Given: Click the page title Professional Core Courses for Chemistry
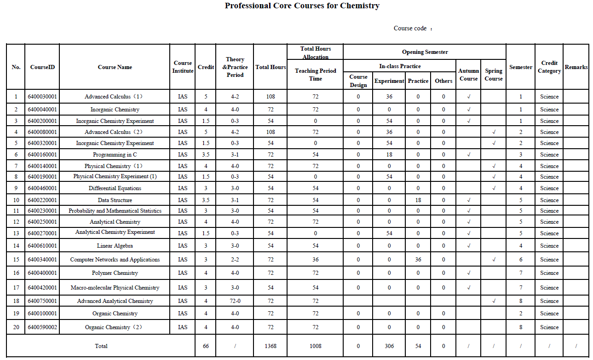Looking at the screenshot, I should point(302,6).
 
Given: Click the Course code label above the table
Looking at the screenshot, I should point(410,29).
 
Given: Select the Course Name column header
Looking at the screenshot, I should point(115,67).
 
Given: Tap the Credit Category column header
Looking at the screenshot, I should point(549,67).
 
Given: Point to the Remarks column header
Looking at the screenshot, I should point(576,67).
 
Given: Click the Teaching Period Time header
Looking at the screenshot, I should point(315,75).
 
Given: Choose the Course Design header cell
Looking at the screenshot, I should point(358,81).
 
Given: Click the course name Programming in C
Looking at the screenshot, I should point(115,155).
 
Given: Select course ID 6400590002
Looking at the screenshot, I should point(42,327).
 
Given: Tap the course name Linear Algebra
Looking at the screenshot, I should point(115,246).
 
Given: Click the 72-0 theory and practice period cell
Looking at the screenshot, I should point(235,301).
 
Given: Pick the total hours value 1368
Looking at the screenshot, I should point(271,346).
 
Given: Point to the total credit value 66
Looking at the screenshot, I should point(206,346).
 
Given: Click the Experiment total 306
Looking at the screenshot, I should point(389,346).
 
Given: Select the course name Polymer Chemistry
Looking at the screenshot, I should point(115,273).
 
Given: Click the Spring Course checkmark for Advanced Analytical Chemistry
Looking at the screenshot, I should point(494,301).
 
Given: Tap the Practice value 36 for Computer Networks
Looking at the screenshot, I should point(418,260).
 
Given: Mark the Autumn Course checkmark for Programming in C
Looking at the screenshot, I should point(468,155).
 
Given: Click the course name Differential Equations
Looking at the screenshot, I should point(115,188).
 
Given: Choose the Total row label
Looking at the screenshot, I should point(101,346).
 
